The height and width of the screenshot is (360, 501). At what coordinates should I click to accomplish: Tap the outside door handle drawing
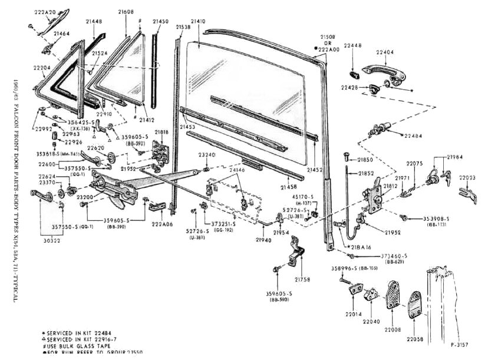(x=384, y=70)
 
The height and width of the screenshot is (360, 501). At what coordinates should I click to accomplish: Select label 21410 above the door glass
(x=198, y=22)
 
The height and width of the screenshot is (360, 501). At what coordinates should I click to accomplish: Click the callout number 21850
(x=365, y=160)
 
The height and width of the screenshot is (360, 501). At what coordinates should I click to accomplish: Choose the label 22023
(x=469, y=177)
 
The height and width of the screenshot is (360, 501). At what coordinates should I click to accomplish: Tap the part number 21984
(x=454, y=157)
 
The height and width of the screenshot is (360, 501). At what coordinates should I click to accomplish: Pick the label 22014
(x=353, y=314)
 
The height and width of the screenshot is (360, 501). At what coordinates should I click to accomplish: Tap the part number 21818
(x=161, y=132)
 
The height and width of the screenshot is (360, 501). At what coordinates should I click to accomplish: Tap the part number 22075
(x=416, y=164)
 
